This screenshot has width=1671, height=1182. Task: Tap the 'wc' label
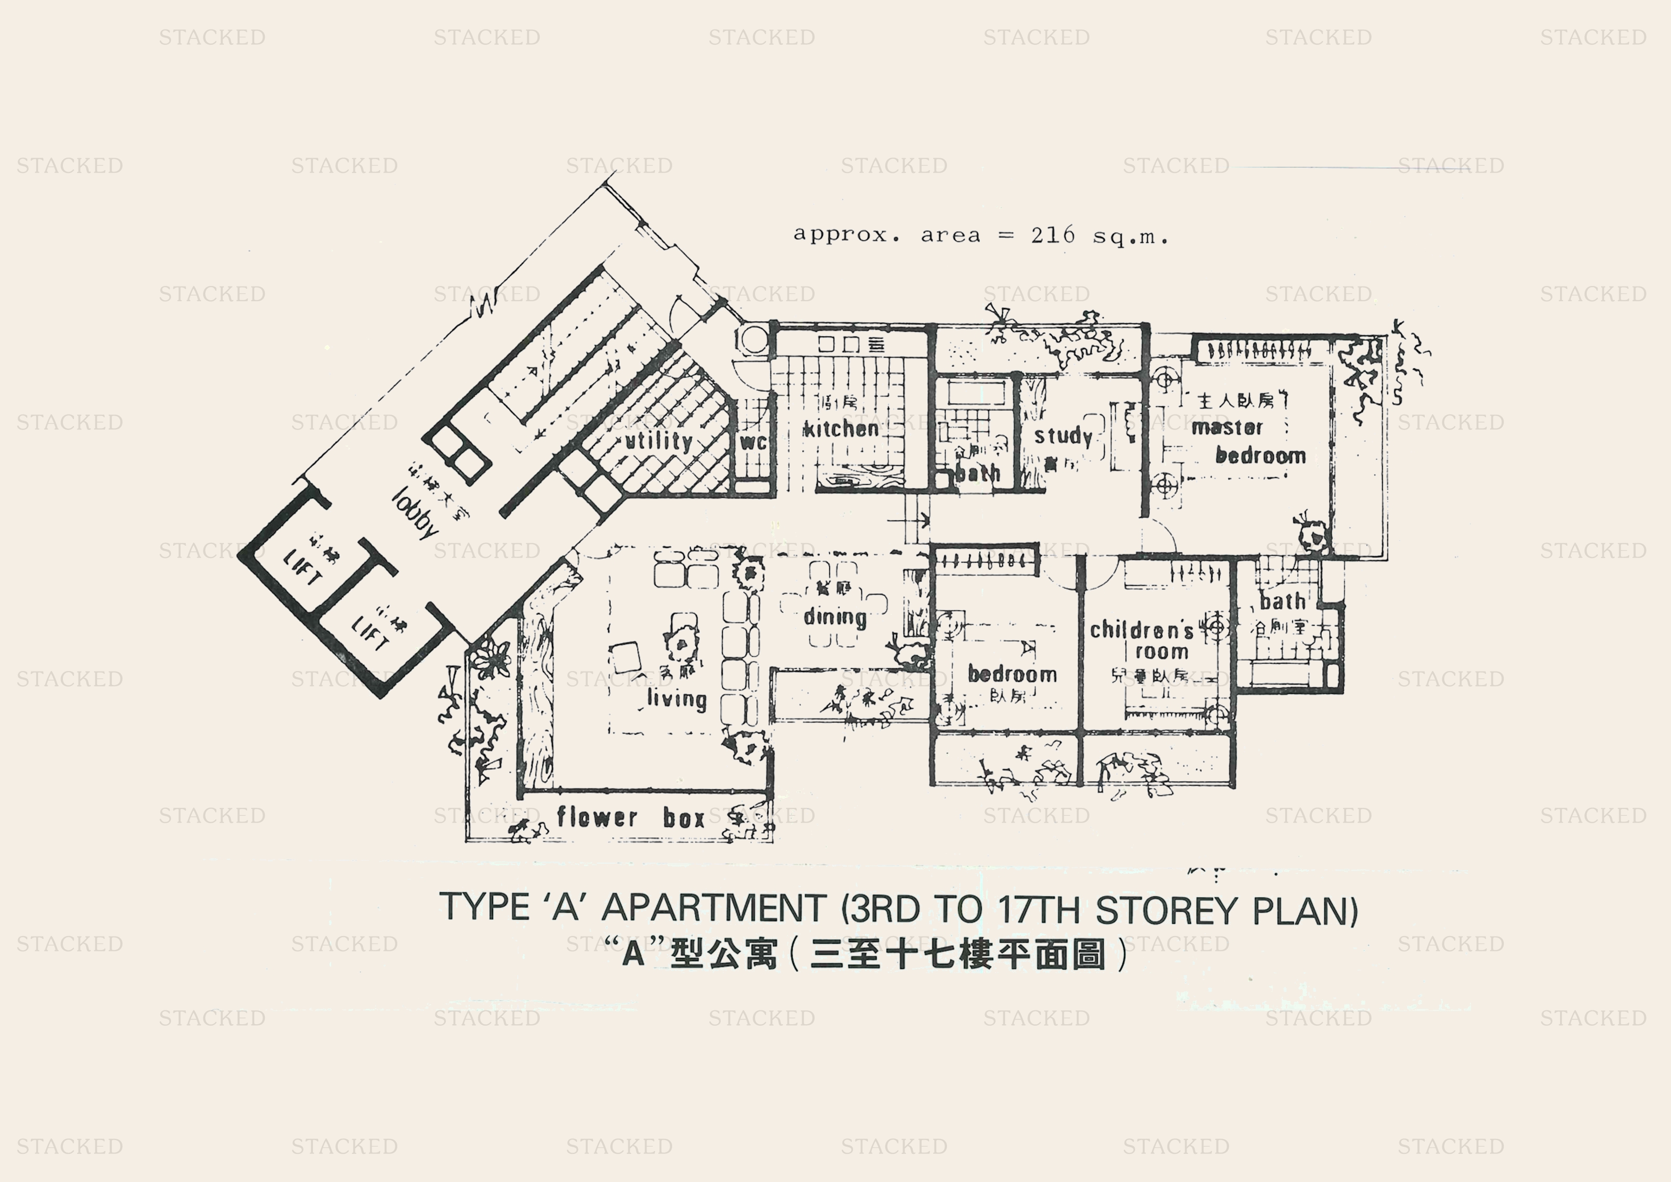(x=753, y=442)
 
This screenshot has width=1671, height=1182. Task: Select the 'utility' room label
(x=659, y=440)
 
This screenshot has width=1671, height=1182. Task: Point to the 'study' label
(x=1063, y=436)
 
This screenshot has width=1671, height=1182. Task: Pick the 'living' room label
(x=677, y=699)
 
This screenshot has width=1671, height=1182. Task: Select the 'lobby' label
(x=415, y=513)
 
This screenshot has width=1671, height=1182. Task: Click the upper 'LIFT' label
(x=302, y=568)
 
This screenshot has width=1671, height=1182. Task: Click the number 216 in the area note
(x=1052, y=235)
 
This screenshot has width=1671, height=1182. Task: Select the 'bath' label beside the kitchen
(x=977, y=473)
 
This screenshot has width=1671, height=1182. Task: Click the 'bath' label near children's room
(x=1282, y=601)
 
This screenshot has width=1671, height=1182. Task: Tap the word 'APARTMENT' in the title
(x=713, y=908)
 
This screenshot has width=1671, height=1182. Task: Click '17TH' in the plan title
(x=1041, y=910)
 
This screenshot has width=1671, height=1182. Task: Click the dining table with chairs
(x=833, y=604)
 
